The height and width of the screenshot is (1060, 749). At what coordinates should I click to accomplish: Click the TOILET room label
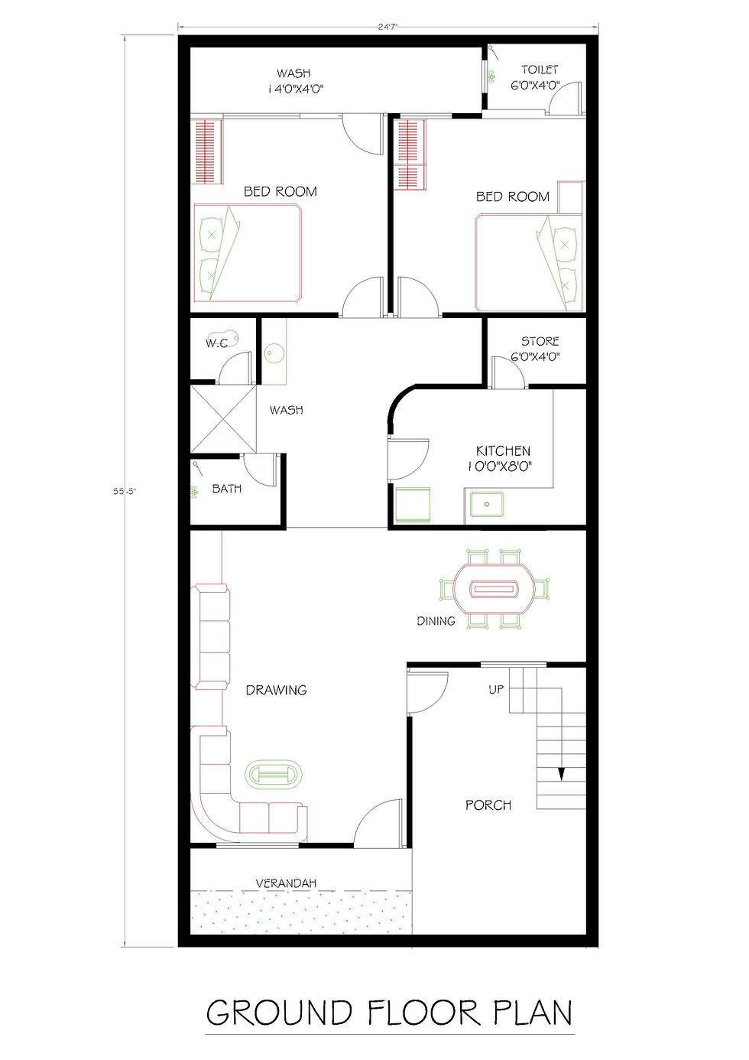pos(540,70)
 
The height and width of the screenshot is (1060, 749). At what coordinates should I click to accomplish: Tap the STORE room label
pos(540,341)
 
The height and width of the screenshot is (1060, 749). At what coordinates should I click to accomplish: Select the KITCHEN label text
pos(503,451)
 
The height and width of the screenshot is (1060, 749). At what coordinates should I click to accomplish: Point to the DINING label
pos(436,621)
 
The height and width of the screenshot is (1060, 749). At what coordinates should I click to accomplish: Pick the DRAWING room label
pos(276,690)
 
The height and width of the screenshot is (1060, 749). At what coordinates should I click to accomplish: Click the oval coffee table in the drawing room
pos(274,774)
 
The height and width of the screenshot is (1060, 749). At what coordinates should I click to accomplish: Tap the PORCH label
pos(488,805)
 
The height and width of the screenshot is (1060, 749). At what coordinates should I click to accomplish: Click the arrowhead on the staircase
pos(561,774)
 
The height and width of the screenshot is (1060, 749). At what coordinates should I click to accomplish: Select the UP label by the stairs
pos(496,689)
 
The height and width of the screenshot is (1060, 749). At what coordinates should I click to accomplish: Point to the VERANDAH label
pos(286,883)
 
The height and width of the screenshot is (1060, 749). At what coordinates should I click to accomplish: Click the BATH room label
pos(227,489)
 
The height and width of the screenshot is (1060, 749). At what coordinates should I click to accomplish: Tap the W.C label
pos(216,343)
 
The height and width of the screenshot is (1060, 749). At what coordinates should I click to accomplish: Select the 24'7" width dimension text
pos(388,27)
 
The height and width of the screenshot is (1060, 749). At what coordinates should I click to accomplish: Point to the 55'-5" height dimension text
pos(124,491)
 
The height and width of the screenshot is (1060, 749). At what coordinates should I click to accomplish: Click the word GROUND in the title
pos(279,1013)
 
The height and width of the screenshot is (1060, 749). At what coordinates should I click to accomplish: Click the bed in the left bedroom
pos(247,252)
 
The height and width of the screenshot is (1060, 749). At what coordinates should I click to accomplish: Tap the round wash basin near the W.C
pos(274,353)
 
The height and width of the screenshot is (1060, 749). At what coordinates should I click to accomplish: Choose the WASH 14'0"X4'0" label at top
pos(295,80)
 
